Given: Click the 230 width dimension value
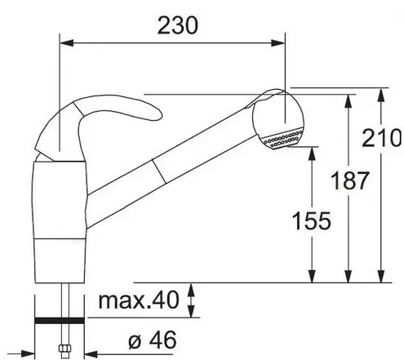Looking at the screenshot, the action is pyautogui.click(x=178, y=25).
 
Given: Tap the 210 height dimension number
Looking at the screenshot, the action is pyautogui.click(x=381, y=138).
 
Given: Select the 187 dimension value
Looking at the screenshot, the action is pyautogui.click(x=349, y=180).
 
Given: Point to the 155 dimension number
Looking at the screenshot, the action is pyautogui.click(x=312, y=220).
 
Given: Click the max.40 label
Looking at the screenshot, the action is pyautogui.click(x=139, y=300).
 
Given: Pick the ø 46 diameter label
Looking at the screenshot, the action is pyautogui.click(x=153, y=340).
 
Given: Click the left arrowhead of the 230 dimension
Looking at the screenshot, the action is pyautogui.click(x=67, y=42).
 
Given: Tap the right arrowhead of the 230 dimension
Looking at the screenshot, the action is pyautogui.click(x=277, y=42).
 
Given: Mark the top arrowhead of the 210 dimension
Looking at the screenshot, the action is pyautogui.click(x=381, y=95).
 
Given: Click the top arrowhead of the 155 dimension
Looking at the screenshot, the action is pyautogui.click(x=313, y=153).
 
